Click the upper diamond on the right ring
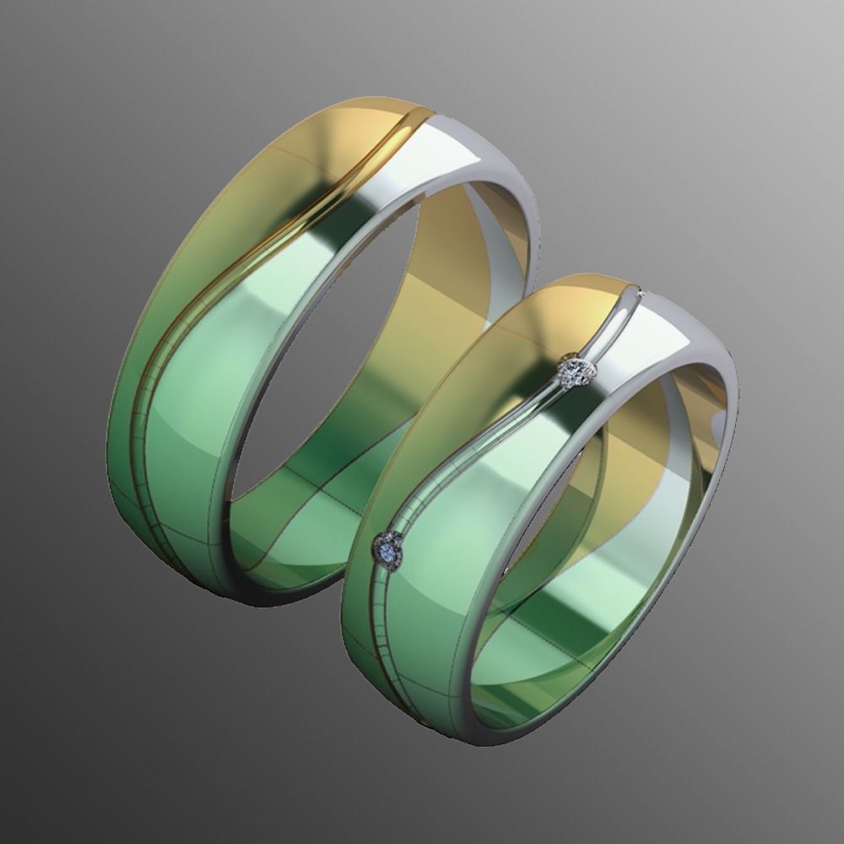coord(576,371)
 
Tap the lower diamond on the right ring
coord(389,549)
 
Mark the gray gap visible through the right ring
coord(540,523)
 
